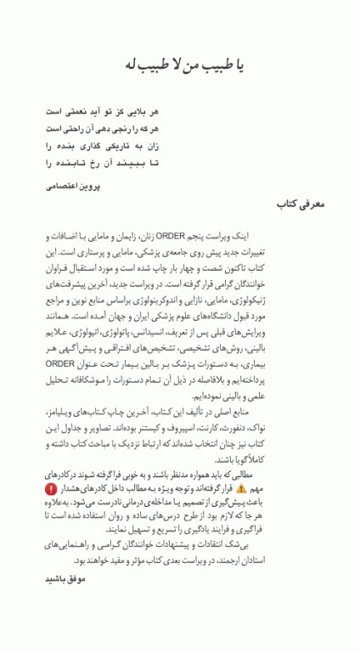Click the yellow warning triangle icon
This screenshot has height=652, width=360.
point(242,489)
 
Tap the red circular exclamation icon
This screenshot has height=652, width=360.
point(51,489)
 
